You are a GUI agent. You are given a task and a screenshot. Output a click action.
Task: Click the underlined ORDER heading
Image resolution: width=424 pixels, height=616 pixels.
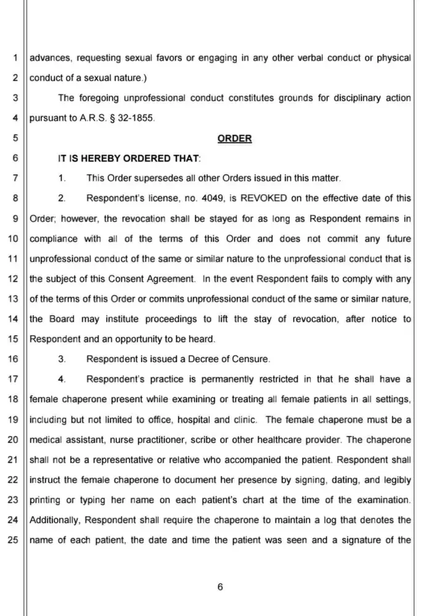point(235,139)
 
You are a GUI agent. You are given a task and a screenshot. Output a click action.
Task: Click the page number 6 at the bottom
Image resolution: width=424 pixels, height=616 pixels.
point(220,586)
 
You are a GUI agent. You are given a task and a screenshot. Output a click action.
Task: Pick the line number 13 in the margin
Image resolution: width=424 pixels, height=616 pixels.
point(12,298)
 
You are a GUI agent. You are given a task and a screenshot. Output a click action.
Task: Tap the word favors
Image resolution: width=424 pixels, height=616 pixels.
point(160,58)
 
